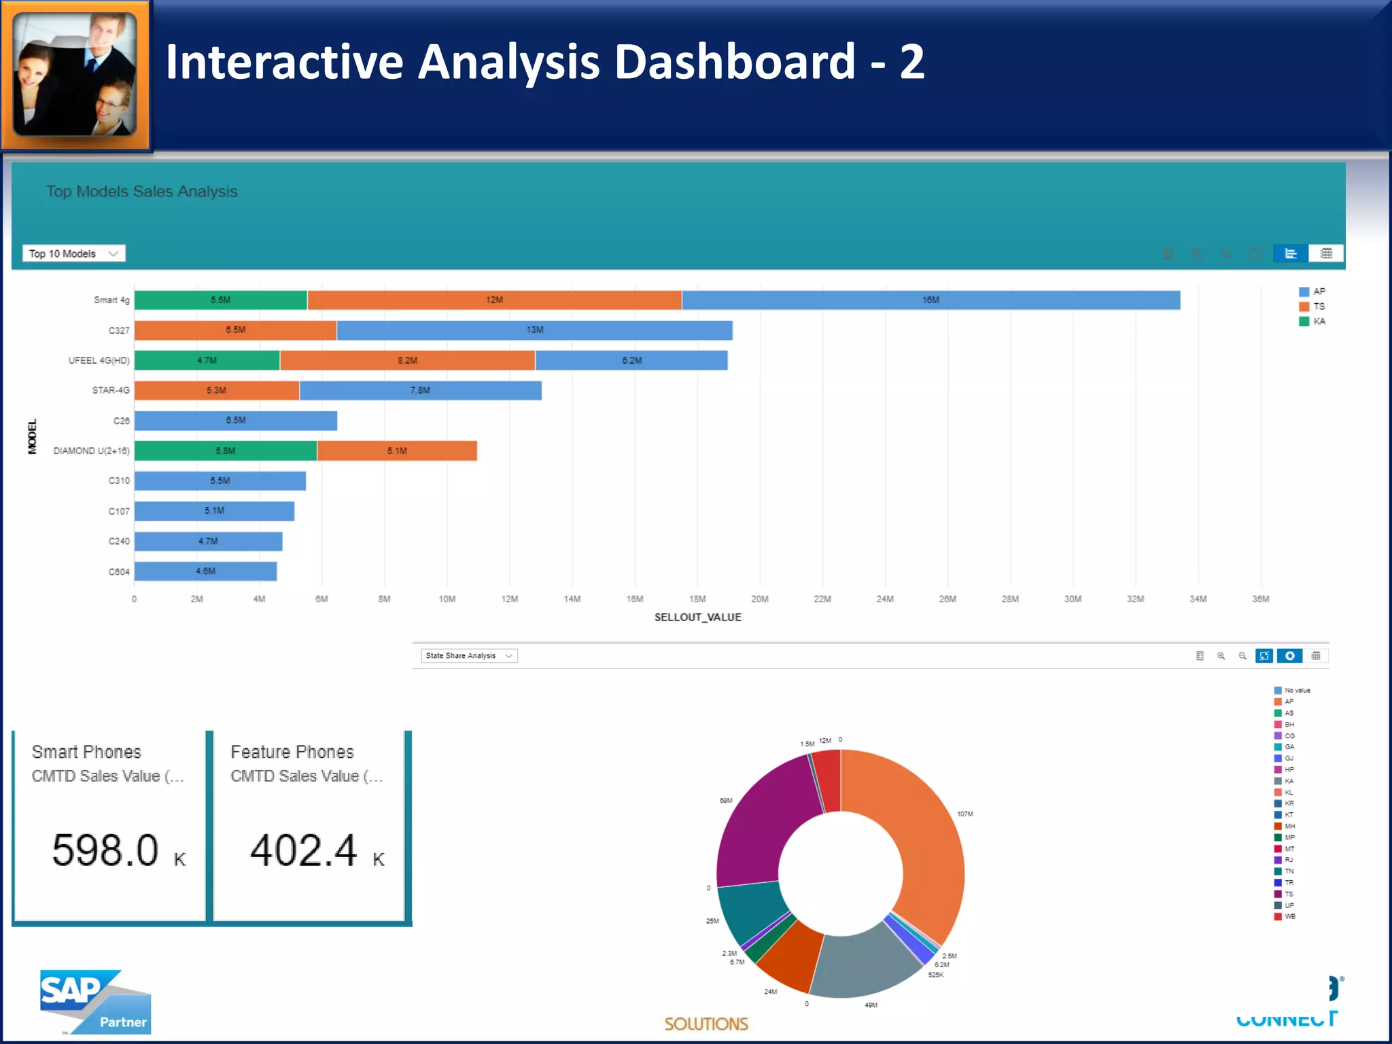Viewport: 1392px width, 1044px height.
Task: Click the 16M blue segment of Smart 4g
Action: pyautogui.click(x=930, y=300)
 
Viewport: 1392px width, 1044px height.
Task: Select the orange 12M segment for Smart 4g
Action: pyautogui.click(x=494, y=300)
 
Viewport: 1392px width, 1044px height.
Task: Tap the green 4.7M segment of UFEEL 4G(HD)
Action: pyautogui.click(x=207, y=360)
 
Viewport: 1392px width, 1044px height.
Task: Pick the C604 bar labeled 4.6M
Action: pyautogui.click(x=205, y=571)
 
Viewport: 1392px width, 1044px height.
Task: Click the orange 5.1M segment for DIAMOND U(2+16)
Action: pyautogui.click(x=397, y=451)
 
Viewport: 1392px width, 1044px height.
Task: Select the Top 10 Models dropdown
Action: pyautogui.click(x=73, y=254)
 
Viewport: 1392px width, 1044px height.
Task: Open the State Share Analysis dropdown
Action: pyautogui.click(x=469, y=656)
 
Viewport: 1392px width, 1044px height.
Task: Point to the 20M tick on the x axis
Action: pyautogui.click(x=760, y=599)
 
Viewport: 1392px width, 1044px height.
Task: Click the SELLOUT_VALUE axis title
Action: pyautogui.click(x=697, y=617)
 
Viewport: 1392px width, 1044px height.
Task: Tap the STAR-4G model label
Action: pyautogui.click(x=111, y=390)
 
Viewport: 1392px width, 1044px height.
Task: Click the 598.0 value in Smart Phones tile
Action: pyautogui.click(x=105, y=850)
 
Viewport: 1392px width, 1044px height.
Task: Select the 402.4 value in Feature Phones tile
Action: pyautogui.click(x=303, y=850)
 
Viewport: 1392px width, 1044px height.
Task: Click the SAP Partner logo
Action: pyautogui.click(x=95, y=1002)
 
